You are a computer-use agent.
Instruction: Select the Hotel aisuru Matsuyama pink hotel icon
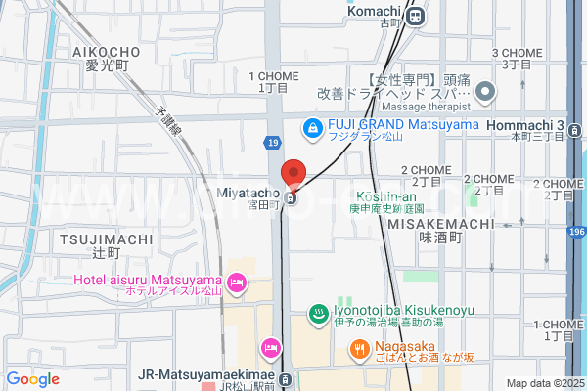(x=236, y=283)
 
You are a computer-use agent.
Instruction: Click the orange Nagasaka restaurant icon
(x=360, y=348)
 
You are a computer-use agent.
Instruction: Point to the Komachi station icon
(x=416, y=16)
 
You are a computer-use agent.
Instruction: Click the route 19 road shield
(x=272, y=143)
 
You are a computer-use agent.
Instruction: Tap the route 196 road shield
(x=576, y=231)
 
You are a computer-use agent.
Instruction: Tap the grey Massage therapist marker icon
(x=485, y=93)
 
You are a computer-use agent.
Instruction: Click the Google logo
(x=33, y=379)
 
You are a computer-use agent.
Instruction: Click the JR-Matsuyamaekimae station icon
(x=285, y=378)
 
